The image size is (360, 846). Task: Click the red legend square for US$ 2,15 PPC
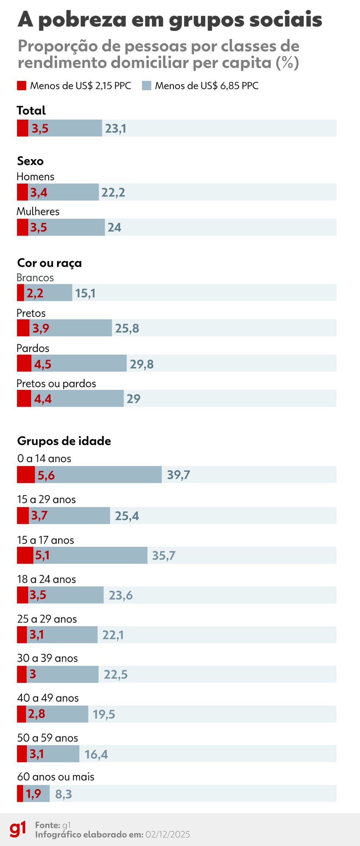[x=22, y=86]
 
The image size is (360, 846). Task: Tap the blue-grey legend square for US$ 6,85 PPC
[x=147, y=86]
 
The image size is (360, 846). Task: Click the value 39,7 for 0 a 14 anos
[x=179, y=475]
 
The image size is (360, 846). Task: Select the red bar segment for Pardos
[x=24, y=363]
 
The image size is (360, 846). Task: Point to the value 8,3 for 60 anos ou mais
[x=64, y=794]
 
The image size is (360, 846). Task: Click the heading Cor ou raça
[x=49, y=263]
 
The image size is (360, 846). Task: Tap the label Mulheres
[x=38, y=211]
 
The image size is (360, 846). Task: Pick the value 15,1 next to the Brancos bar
[x=85, y=293]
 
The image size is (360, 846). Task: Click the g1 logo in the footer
[x=18, y=829]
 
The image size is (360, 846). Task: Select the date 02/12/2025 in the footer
[x=168, y=834]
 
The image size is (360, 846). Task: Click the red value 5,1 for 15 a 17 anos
[x=42, y=555]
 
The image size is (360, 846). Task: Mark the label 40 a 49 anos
[x=48, y=698]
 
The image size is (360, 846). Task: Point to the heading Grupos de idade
[x=64, y=441]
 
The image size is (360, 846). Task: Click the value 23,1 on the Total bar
[x=116, y=128]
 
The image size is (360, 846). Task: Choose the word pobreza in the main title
[x=82, y=20]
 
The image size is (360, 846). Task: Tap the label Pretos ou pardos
[x=56, y=383]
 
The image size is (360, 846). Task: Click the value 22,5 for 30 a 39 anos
[x=116, y=674]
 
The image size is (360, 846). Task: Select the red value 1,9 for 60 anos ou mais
[x=33, y=794]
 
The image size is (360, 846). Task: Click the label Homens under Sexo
[x=35, y=177]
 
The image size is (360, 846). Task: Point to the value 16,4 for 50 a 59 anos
[x=96, y=754]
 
